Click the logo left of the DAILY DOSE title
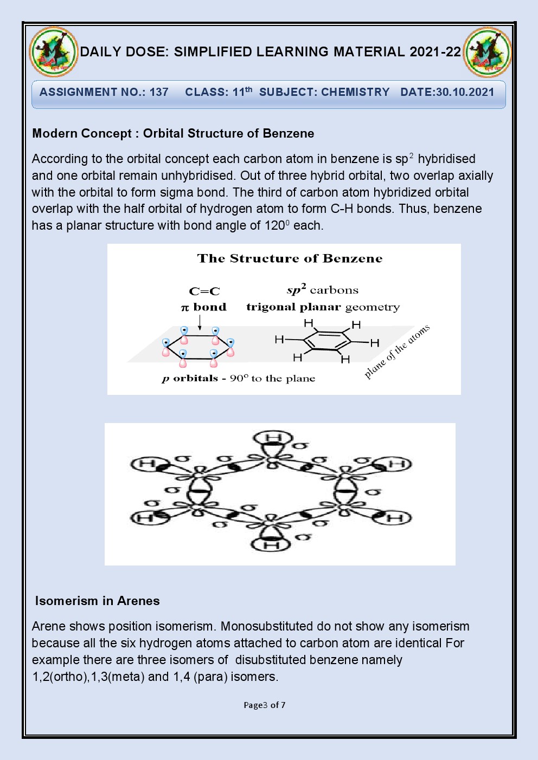(x=54, y=52)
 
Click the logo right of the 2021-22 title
(x=487, y=52)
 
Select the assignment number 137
(x=159, y=92)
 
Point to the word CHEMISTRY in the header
(x=355, y=92)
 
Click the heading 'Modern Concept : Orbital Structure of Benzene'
(x=173, y=133)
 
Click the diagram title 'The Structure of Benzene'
(x=290, y=258)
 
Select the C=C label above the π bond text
(x=204, y=291)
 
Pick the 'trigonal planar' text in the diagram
(x=293, y=307)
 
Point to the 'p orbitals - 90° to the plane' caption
(x=238, y=378)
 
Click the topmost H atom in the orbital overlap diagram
(x=274, y=438)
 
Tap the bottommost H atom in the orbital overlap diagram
(x=272, y=544)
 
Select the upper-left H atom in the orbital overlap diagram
(x=147, y=464)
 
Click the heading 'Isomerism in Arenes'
(x=98, y=601)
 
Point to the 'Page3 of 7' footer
(x=265, y=705)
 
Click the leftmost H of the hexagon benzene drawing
(x=279, y=340)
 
